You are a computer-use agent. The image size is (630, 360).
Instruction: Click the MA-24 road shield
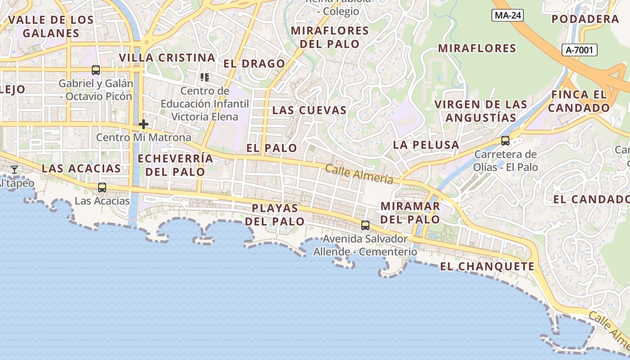[508, 16]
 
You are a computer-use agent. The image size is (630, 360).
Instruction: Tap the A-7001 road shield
[580, 50]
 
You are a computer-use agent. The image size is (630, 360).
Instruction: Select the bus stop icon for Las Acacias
[102, 188]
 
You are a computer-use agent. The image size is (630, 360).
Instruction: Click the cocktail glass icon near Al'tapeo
[14, 170]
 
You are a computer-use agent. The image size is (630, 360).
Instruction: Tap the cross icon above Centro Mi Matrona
[144, 124]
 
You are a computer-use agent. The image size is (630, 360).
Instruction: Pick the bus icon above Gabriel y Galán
[96, 70]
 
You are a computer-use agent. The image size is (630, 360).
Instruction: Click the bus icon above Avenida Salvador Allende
[365, 225]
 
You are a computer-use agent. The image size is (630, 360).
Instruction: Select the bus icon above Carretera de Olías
[505, 141]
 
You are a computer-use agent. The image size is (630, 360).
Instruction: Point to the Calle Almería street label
[359, 174]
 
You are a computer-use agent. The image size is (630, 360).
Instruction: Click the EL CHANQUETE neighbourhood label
[487, 266]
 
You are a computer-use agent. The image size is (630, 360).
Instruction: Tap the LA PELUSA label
[426, 145]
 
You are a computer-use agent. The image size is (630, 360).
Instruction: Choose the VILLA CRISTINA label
[167, 58]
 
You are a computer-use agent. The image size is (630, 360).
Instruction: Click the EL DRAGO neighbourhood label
[254, 64]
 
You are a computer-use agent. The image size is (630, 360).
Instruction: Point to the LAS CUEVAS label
[310, 110]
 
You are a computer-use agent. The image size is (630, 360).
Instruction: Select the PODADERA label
[585, 19]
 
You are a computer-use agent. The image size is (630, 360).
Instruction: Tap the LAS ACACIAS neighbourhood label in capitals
[81, 168]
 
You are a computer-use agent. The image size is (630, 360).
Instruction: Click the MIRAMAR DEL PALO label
[410, 212]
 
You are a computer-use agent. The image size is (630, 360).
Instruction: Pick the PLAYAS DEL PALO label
[275, 215]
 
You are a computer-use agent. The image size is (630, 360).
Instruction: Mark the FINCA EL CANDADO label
[579, 101]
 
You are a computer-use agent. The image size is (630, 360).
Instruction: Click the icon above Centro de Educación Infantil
[205, 77]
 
